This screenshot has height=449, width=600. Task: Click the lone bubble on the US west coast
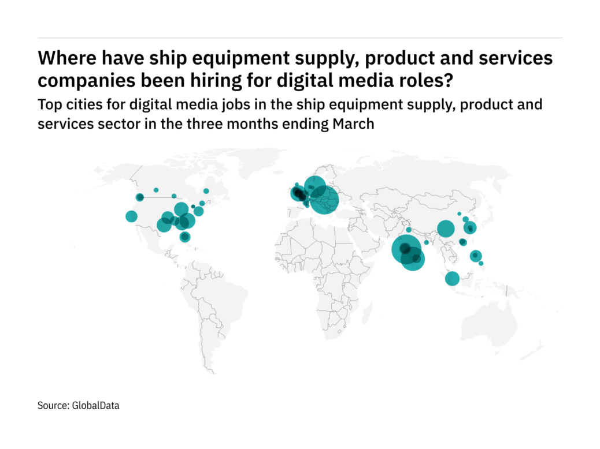click(131, 216)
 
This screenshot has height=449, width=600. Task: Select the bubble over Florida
click(184, 237)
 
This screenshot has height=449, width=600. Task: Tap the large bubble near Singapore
click(452, 279)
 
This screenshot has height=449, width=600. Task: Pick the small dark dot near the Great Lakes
click(193, 206)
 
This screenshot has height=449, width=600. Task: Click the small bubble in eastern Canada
click(206, 191)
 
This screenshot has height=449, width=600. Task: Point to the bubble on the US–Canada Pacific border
click(139, 197)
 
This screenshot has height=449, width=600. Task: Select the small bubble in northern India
click(409, 230)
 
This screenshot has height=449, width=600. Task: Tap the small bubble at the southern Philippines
click(481, 263)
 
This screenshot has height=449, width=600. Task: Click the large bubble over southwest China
click(446, 229)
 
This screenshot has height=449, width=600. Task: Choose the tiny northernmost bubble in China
click(460, 214)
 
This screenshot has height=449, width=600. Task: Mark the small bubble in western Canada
click(156, 190)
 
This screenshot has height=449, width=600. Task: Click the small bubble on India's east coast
click(426, 242)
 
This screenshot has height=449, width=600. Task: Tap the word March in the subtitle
click(353, 124)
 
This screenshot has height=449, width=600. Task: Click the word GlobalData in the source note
click(95, 406)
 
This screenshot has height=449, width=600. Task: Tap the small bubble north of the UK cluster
click(297, 185)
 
